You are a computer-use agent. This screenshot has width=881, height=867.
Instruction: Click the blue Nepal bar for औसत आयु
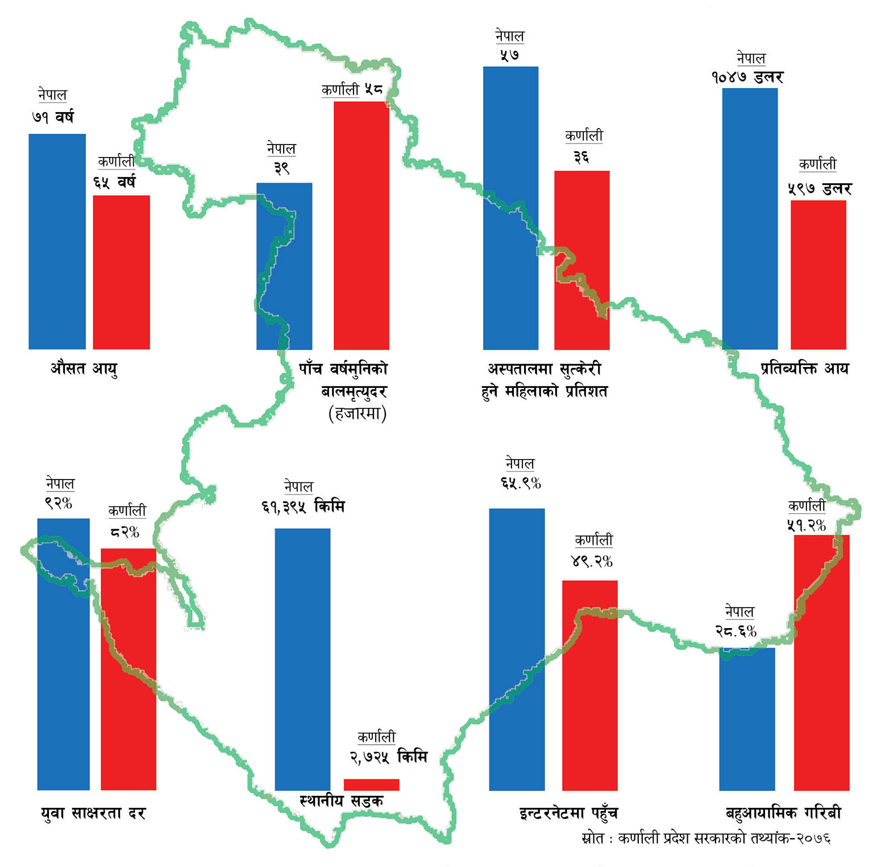57,242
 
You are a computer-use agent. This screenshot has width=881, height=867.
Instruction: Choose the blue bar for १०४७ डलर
750,218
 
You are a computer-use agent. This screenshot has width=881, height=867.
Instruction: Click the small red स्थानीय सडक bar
371,785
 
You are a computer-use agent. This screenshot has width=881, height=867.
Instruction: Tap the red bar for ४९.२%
589,685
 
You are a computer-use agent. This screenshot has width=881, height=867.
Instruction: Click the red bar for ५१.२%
821,662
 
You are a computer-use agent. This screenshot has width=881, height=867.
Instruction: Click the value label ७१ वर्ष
53,117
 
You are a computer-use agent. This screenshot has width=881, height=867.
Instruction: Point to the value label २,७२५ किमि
388,757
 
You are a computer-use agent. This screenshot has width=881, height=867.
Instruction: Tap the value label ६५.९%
521,484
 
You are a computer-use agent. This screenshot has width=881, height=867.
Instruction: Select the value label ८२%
124,532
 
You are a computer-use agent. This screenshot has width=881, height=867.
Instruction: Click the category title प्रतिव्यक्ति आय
804,369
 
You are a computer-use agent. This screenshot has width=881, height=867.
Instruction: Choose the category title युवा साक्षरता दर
93,814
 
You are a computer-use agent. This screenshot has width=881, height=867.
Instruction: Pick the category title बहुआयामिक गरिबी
783,813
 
